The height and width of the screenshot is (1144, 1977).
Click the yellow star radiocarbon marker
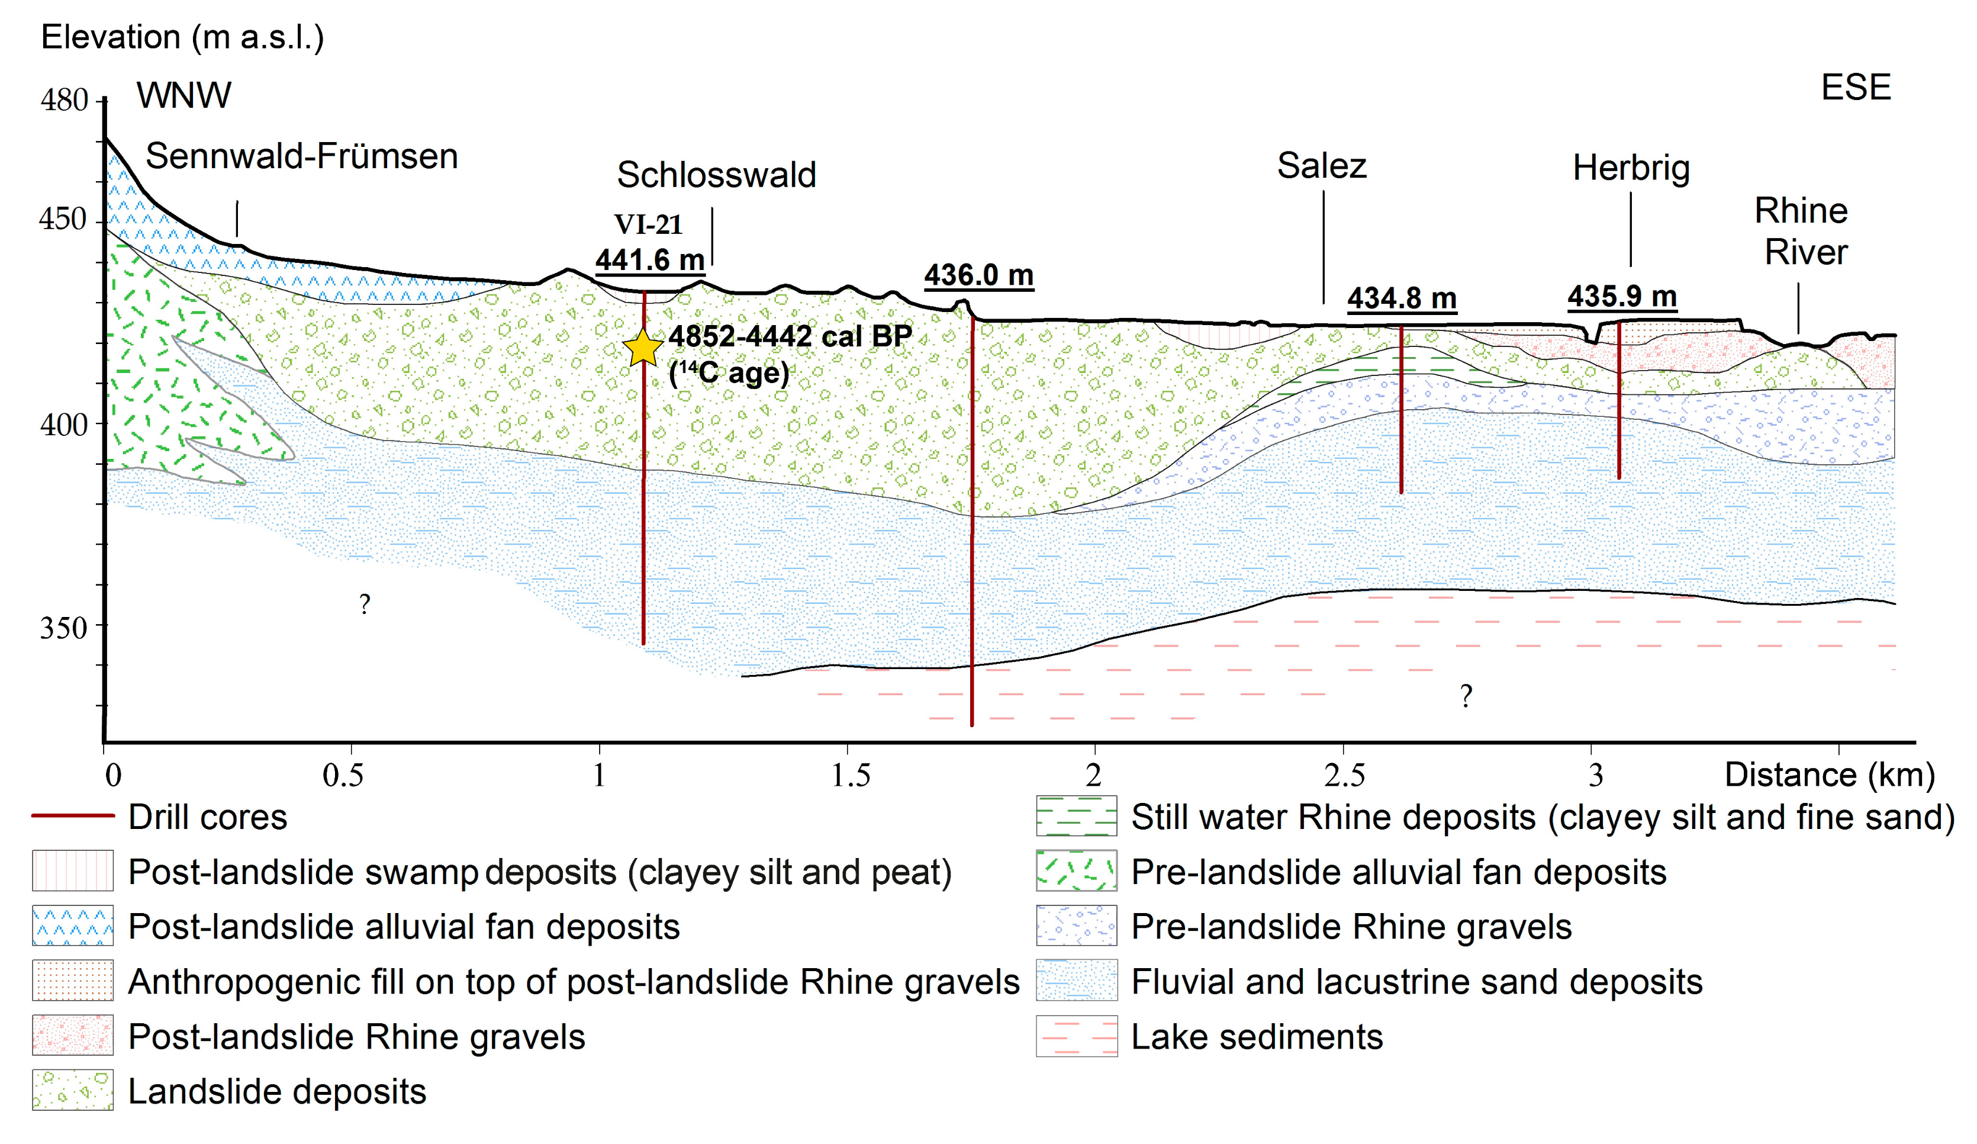coord(643,348)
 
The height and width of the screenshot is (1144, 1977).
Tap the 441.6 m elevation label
coord(649,260)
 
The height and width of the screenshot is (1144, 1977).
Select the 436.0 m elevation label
coord(978,275)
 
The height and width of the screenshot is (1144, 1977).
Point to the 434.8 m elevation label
coord(1401,298)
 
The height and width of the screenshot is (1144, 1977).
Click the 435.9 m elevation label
coord(1622,296)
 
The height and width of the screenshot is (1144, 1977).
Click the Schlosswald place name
coord(716,174)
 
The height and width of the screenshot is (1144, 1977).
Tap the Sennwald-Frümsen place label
coord(301,156)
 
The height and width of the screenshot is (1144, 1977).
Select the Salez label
coord(1321,166)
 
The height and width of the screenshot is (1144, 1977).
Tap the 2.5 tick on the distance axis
coord(1344,775)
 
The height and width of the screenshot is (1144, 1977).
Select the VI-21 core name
coord(648,224)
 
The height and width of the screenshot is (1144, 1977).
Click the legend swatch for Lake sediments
coord(1076,1036)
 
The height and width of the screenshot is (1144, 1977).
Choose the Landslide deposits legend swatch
coord(72,1090)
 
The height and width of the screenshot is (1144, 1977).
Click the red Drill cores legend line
coord(72,816)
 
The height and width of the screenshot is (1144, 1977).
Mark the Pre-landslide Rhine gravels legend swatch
coord(1076,926)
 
